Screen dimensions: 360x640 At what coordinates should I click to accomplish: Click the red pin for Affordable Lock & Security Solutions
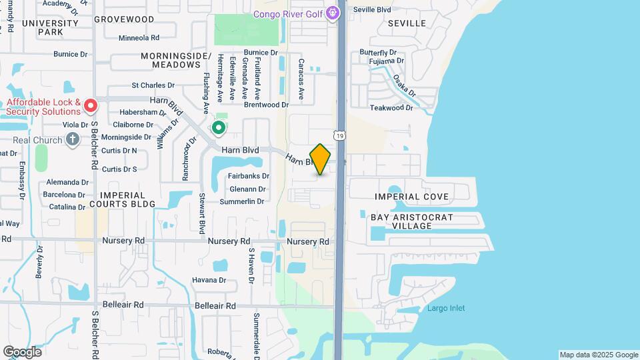(x=91, y=105)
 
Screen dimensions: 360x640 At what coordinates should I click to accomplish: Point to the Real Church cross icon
(x=73, y=140)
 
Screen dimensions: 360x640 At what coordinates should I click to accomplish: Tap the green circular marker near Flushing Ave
(x=218, y=127)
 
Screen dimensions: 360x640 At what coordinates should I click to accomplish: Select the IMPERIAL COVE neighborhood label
(x=411, y=197)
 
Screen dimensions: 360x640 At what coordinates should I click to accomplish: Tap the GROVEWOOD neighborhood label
(x=128, y=20)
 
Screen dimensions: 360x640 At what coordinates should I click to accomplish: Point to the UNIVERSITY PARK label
(x=50, y=27)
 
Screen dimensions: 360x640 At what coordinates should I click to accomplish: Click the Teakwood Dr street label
(x=391, y=107)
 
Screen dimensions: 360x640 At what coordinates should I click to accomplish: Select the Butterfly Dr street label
(x=378, y=52)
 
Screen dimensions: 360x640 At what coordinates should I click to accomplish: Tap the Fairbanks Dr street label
(x=248, y=176)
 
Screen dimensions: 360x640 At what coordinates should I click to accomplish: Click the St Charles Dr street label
(x=153, y=85)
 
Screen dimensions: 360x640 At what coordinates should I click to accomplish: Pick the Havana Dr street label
(x=209, y=280)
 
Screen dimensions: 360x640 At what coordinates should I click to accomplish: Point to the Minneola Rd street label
(x=139, y=38)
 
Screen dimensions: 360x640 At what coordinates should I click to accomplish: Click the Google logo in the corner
(x=22, y=352)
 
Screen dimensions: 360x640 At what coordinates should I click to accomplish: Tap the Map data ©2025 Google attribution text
(x=599, y=355)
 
